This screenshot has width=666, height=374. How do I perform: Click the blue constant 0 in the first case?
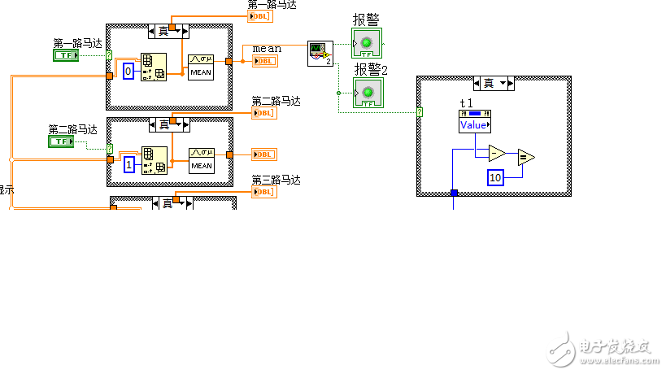pyautogui.click(x=128, y=72)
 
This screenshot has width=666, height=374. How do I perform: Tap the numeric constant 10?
pyautogui.click(x=496, y=177)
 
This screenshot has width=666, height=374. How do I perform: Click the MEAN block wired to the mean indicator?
pyautogui.click(x=201, y=66)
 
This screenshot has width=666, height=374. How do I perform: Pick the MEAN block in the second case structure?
pyautogui.click(x=201, y=159)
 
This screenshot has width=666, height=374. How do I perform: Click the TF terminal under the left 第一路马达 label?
pyautogui.click(x=65, y=55)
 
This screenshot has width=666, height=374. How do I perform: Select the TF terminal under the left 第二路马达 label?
pyautogui.click(x=60, y=141)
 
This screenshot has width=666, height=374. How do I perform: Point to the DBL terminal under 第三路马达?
pyautogui.click(x=263, y=192)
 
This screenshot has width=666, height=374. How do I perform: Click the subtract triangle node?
pyautogui.click(x=496, y=152)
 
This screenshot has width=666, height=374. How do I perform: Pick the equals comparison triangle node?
pyautogui.click(x=525, y=158)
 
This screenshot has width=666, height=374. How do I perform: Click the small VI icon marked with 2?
pyautogui.click(x=320, y=54)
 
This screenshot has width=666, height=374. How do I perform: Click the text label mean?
pyautogui.click(x=267, y=48)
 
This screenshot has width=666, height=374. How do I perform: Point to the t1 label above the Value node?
pyautogui.click(x=466, y=102)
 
